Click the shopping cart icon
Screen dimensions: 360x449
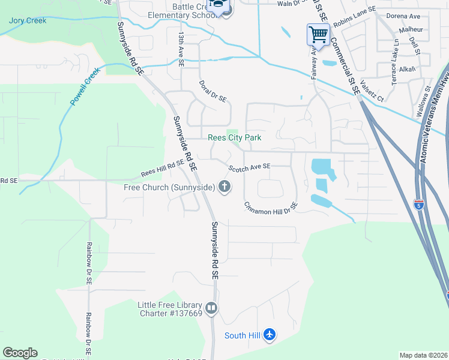pos(318,34)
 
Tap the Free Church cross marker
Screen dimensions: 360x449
pos(224,187)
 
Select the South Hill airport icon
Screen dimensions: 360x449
pos(270,335)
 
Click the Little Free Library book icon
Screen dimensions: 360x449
pos(211,308)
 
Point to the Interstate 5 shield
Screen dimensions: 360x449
pos(419,205)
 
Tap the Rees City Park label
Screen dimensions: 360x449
pos(235,137)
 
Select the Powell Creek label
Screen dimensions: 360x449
pos(84,87)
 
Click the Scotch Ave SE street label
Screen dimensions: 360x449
pos(249,166)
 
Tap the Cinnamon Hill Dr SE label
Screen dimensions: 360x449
pos(271,208)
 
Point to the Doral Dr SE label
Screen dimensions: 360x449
pos(212,90)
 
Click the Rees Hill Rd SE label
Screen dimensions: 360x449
pos(162,167)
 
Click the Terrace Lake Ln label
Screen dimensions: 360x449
pos(395,62)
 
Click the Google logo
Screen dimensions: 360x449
pos(20,353)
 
